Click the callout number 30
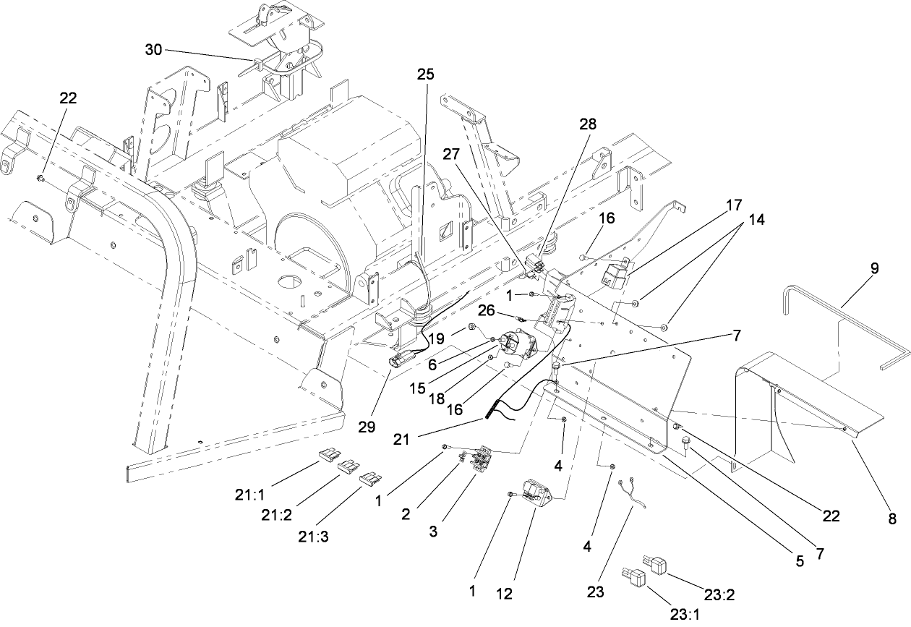pos(153,50)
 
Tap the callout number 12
pos(504,594)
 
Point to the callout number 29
pos(367,427)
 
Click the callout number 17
pos(734,205)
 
